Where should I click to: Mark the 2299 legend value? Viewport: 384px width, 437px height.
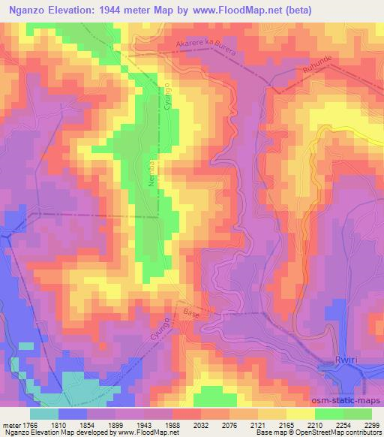pos(371,423)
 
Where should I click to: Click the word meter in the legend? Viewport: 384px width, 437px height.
pos(10,423)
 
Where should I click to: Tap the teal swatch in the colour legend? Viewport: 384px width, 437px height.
pos(43,414)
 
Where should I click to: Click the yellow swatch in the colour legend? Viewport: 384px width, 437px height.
pos(300,414)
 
